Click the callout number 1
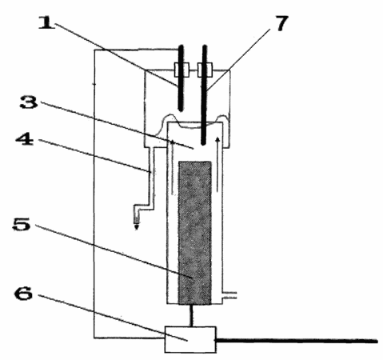tap(47, 23)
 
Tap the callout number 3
tap(29, 102)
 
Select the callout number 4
tap(25, 139)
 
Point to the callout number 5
tap(22, 226)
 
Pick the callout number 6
tap(24, 294)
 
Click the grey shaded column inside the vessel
tap(195, 233)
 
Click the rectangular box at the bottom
tap(190, 339)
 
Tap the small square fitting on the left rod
tap(182, 70)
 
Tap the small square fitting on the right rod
tap(205, 70)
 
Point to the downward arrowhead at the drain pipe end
tap(137, 227)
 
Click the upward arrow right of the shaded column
tap(217, 164)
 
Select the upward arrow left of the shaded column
tap(173, 167)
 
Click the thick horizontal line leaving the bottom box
tap(297, 341)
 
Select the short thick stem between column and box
tap(191, 315)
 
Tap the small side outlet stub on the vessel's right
tap(229, 295)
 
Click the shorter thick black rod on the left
tap(181, 78)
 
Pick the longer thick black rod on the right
tap(204, 95)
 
